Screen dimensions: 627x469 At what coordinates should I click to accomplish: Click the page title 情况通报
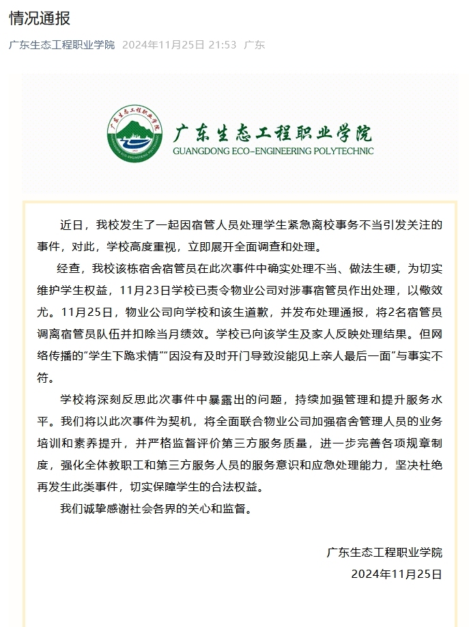pyautogui.click(x=40, y=18)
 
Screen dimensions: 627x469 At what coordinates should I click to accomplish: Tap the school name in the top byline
pyautogui.click(x=62, y=45)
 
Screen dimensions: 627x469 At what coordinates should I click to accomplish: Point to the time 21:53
pyautogui.click(x=222, y=45)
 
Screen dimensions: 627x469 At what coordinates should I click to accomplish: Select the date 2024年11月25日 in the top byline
pyautogui.click(x=163, y=45)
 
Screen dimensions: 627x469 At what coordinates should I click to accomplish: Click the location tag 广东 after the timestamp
pyautogui.click(x=255, y=45)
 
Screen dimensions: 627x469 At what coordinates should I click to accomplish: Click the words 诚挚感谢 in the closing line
pyautogui.click(x=115, y=508)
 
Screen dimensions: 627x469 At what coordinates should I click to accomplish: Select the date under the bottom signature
pyautogui.click(x=397, y=574)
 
